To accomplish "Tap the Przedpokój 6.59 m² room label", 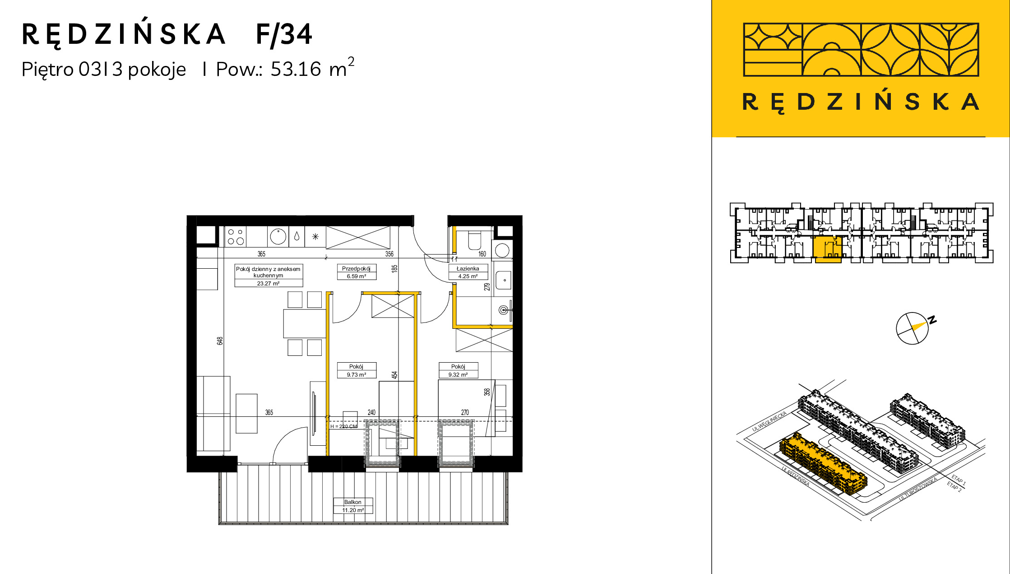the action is [x=356, y=272].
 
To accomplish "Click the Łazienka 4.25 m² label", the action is [x=468, y=272].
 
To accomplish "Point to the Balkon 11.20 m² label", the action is [x=353, y=506].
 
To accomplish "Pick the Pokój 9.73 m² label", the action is [x=356, y=370].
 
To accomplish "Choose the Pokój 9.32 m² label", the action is [x=458, y=370].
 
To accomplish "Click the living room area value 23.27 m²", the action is [x=268, y=284].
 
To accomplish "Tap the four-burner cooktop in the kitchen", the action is [x=236, y=237].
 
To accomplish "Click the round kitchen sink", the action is [x=278, y=236].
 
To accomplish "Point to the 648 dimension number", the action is [x=220, y=341].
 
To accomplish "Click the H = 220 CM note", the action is [x=343, y=426].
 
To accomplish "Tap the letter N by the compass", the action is [x=932, y=320].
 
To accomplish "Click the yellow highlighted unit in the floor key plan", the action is [x=828, y=249].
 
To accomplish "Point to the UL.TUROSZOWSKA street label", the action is [x=918, y=489].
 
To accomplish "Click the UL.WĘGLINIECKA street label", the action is [x=770, y=421].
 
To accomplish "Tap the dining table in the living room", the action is [x=305, y=323].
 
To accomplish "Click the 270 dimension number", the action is [x=465, y=412].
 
